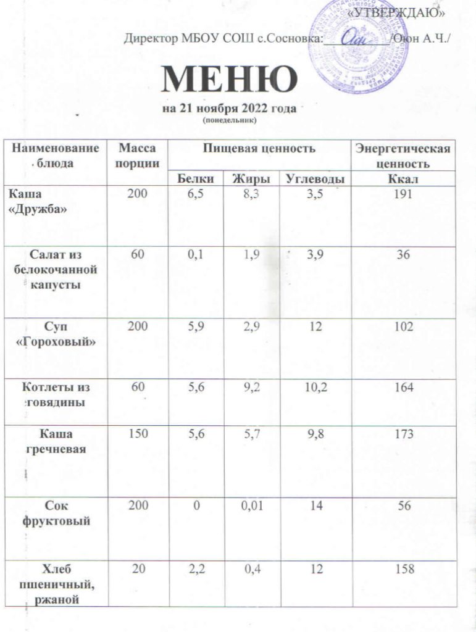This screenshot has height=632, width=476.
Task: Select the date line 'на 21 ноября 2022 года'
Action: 230,109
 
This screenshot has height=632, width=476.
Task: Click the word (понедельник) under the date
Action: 229,120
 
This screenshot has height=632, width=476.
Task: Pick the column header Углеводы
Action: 313,179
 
